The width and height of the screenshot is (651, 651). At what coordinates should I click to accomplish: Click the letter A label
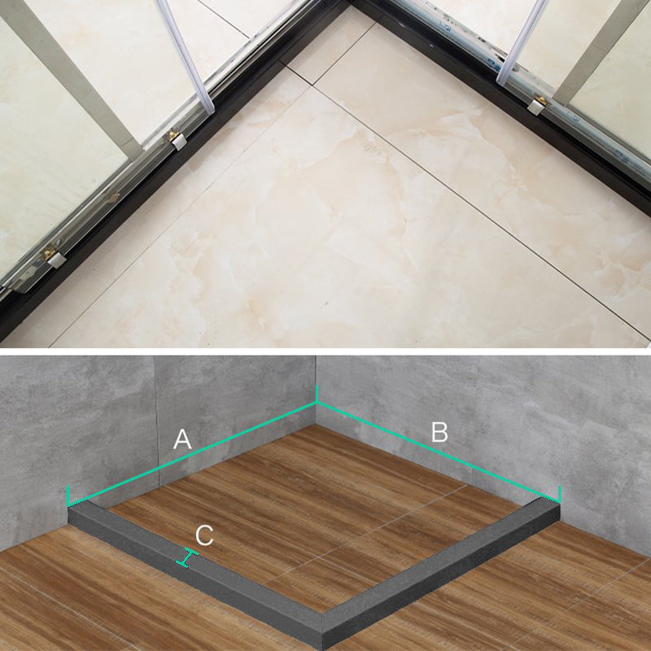pyautogui.click(x=182, y=440)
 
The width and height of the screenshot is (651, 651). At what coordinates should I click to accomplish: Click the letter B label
pyautogui.click(x=439, y=432)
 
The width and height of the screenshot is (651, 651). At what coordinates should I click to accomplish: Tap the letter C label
pyautogui.click(x=205, y=535)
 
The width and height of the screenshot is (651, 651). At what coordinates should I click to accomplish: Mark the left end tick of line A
pyautogui.click(x=68, y=495)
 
